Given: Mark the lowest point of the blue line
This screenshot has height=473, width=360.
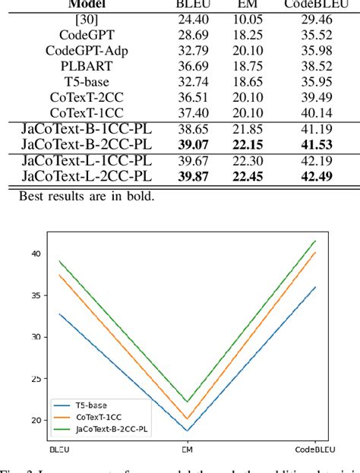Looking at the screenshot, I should (x=187, y=431).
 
